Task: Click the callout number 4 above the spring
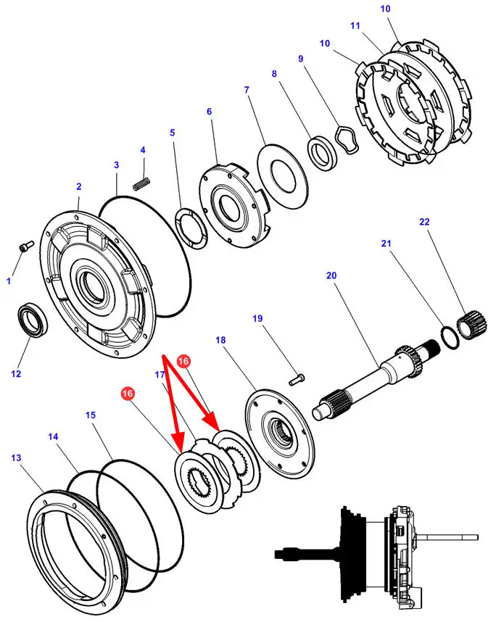pos(143,150)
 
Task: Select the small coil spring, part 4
pos(141,183)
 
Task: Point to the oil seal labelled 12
pos(34,319)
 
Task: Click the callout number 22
pos(424,222)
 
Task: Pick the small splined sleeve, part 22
pos(472,324)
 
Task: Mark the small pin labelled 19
pos(297,380)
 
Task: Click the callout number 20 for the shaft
pos(331,275)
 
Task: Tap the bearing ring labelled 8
pos(323,153)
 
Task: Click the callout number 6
pos(209,112)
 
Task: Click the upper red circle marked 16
pos(183,361)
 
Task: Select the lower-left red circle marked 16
pos(128,394)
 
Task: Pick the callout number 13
pos(16,457)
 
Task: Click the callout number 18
pos(220,340)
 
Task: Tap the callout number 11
pos(355,26)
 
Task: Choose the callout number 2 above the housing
pos(78,186)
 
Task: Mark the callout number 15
pos(91,415)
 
